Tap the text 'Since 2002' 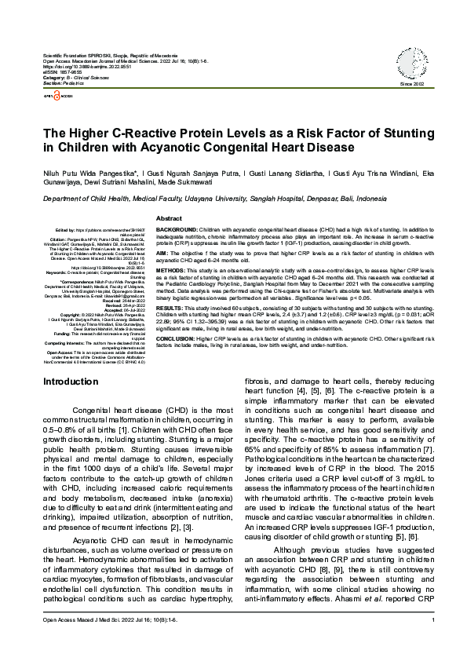pyautogui.click(x=411, y=83)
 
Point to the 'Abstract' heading pyautogui.click(x=170, y=217)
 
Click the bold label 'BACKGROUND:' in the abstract pyautogui.click(x=177, y=228)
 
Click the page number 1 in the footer pyautogui.click(x=433, y=643)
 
